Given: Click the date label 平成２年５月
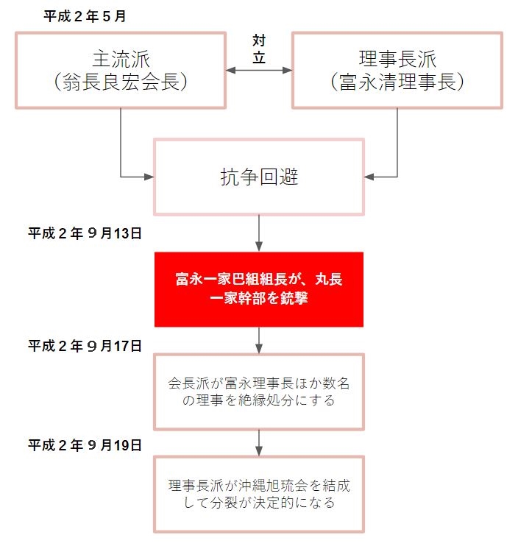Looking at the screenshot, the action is click(x=85, y=16).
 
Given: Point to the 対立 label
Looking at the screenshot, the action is click(x=259, y=49).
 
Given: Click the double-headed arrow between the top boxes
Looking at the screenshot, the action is click(x=259, y=71).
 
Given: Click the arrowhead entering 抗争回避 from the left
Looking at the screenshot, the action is click(x=149, y=177).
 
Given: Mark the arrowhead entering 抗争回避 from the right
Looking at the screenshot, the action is click(x=369, y=177).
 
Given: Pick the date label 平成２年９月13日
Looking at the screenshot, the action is click(x=85, y=233).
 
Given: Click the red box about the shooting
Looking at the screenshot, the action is click(x=259, y=289).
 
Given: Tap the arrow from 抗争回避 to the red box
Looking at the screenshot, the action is click(x=259, y=233).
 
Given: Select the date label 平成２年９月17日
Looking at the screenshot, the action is click(x=85, y=346).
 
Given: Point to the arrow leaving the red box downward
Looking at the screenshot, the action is click(x=259, y=340).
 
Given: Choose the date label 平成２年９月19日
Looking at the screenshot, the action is click(x=85, y=445).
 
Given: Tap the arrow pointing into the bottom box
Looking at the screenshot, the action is click(x=259, y=443).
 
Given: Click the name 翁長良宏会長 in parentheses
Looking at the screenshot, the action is click(x=121, y=82).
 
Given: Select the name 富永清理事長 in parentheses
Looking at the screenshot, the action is click(x=397, y=82).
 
